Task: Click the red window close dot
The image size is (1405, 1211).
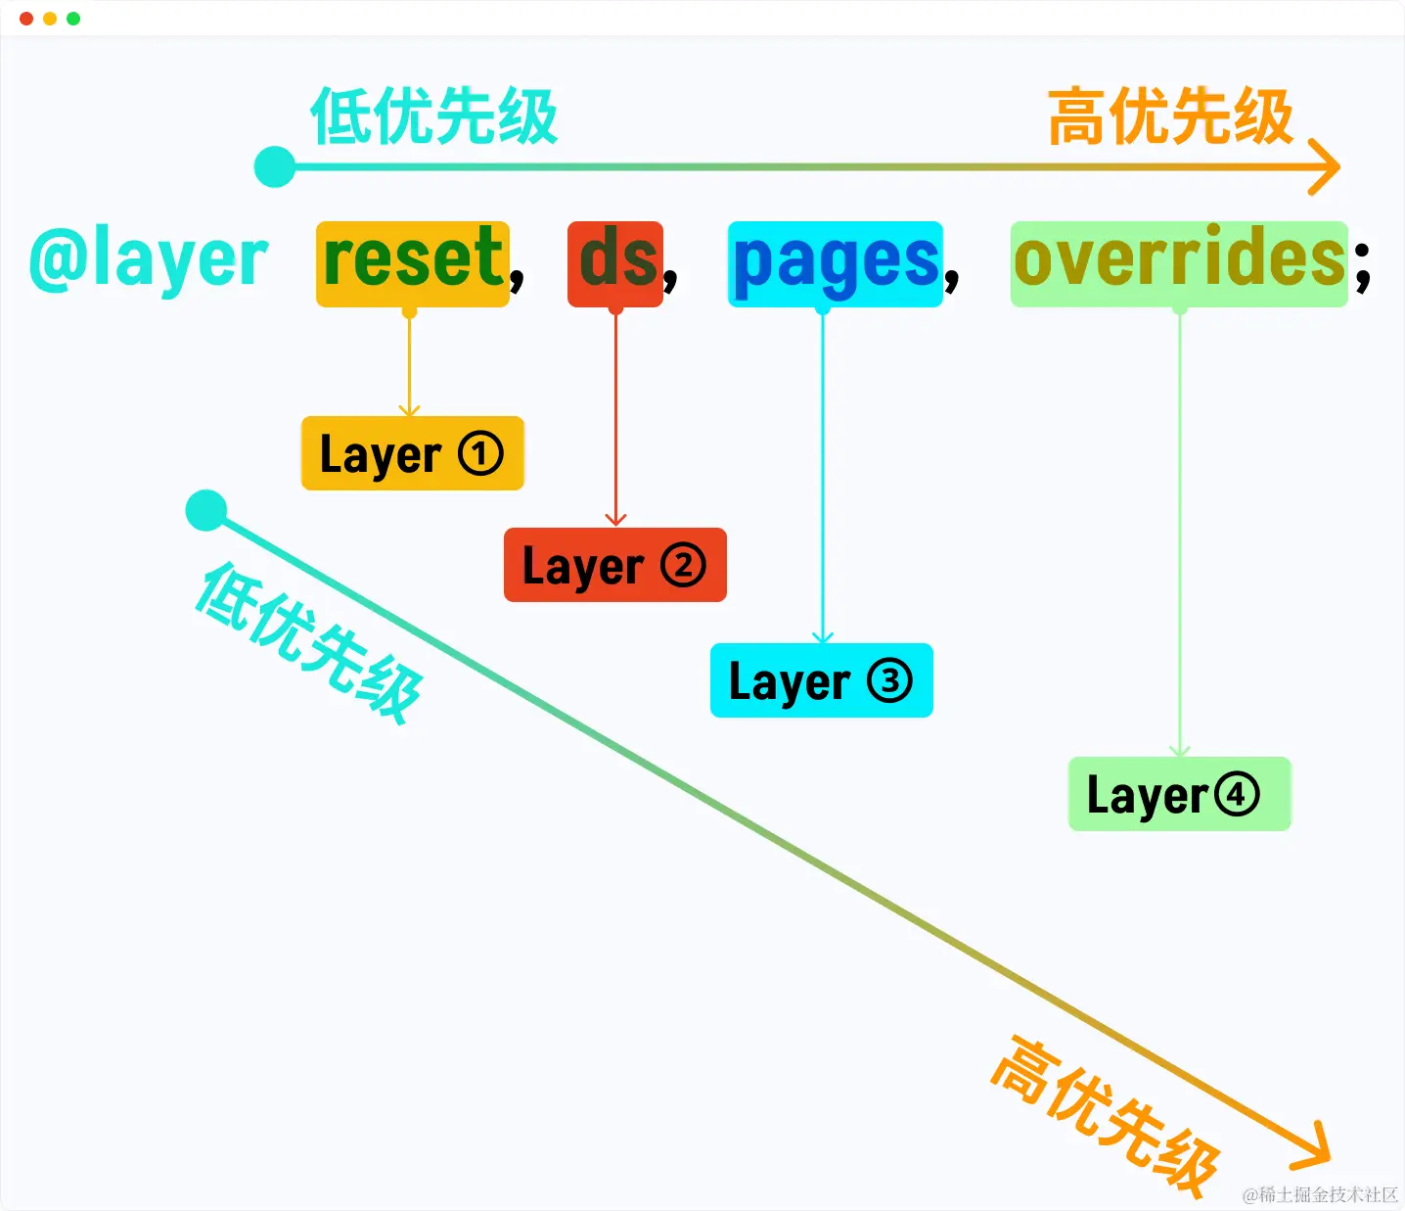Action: (x=26, y=19)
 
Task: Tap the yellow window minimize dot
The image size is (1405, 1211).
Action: (x=50, y=19)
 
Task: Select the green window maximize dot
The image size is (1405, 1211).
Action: (x=73, y=19)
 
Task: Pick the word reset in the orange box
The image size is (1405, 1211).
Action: (x=413, y=256)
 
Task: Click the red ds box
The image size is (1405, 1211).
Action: (x=615, y=263)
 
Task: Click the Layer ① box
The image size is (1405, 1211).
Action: (x=413, y=453)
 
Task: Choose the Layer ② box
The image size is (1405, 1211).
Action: (x=615, y=564)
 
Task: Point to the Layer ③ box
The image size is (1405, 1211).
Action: (x=821, y=680)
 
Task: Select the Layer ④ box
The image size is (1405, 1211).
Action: (x=1179, y=794)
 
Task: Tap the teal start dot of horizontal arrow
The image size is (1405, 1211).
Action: (x=275, y=166)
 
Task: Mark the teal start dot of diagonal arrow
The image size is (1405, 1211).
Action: (x=206, y=510)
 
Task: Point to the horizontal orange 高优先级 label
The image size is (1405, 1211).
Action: (x=1170, y=116)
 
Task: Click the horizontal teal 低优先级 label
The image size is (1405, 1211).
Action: (x=433, y=116)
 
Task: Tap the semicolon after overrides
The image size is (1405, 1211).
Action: (x=1362, y=267)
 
